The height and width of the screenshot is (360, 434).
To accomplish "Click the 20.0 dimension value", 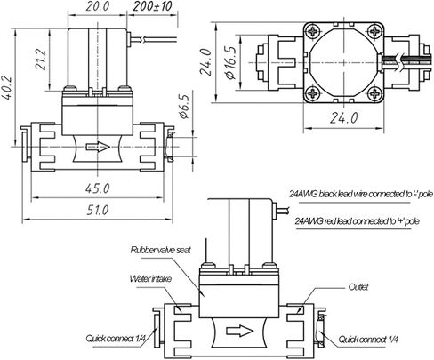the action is click(98, 6).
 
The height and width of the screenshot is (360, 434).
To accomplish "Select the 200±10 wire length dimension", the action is click(152, 6).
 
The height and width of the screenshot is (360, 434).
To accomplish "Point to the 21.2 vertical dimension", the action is click(41, 60).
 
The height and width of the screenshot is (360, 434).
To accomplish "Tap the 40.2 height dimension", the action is click(6, 88).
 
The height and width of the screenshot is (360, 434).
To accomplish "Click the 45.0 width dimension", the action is click(98, 188).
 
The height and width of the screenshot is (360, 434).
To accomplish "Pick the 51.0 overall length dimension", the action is click(98, 210).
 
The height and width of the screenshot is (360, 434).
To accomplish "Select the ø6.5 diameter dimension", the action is click(184, 107).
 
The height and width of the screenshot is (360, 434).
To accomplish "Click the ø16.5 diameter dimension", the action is click(231, 62).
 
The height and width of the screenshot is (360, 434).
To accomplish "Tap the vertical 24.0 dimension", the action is click(206, 62).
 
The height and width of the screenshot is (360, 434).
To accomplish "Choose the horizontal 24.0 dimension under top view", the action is click(344, 118).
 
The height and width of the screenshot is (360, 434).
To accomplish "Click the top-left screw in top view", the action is click(314, 31).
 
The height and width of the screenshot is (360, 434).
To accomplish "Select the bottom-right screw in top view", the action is click(374, 93).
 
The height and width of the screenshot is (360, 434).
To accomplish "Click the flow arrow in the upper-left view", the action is click(98, 147).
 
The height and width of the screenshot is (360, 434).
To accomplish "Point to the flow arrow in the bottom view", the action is click(239, 331).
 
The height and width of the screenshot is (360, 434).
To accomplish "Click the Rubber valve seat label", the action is click(160, 250).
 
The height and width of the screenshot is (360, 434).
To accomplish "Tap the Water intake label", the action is click(150, 279).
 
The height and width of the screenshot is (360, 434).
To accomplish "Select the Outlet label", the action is click(358, 287).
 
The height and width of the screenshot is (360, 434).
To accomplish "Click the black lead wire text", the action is click(361, 194).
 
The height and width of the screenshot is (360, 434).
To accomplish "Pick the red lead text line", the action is click(357, 221).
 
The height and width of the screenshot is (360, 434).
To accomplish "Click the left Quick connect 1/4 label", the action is click(116, 339).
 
